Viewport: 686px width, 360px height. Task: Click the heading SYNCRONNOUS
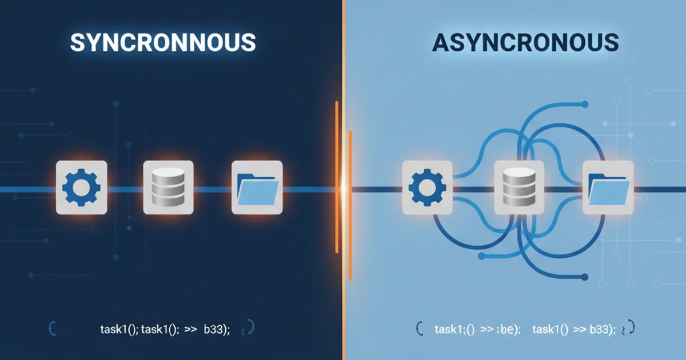pos(163,43)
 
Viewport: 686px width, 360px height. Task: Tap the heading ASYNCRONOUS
pos(525,43)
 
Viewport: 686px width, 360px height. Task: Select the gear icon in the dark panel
pos(81,187)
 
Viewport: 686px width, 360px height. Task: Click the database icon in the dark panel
pos(168,187)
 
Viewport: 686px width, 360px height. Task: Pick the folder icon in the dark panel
pos(257,187)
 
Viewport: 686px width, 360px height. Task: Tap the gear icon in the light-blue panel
pos(427,187)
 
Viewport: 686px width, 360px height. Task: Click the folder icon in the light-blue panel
pos(608,187)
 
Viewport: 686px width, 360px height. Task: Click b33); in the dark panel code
pos(217,329)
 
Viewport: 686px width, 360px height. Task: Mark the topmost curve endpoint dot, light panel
pos(584,104)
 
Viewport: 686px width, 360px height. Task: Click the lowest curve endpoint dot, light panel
pos(584,278)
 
